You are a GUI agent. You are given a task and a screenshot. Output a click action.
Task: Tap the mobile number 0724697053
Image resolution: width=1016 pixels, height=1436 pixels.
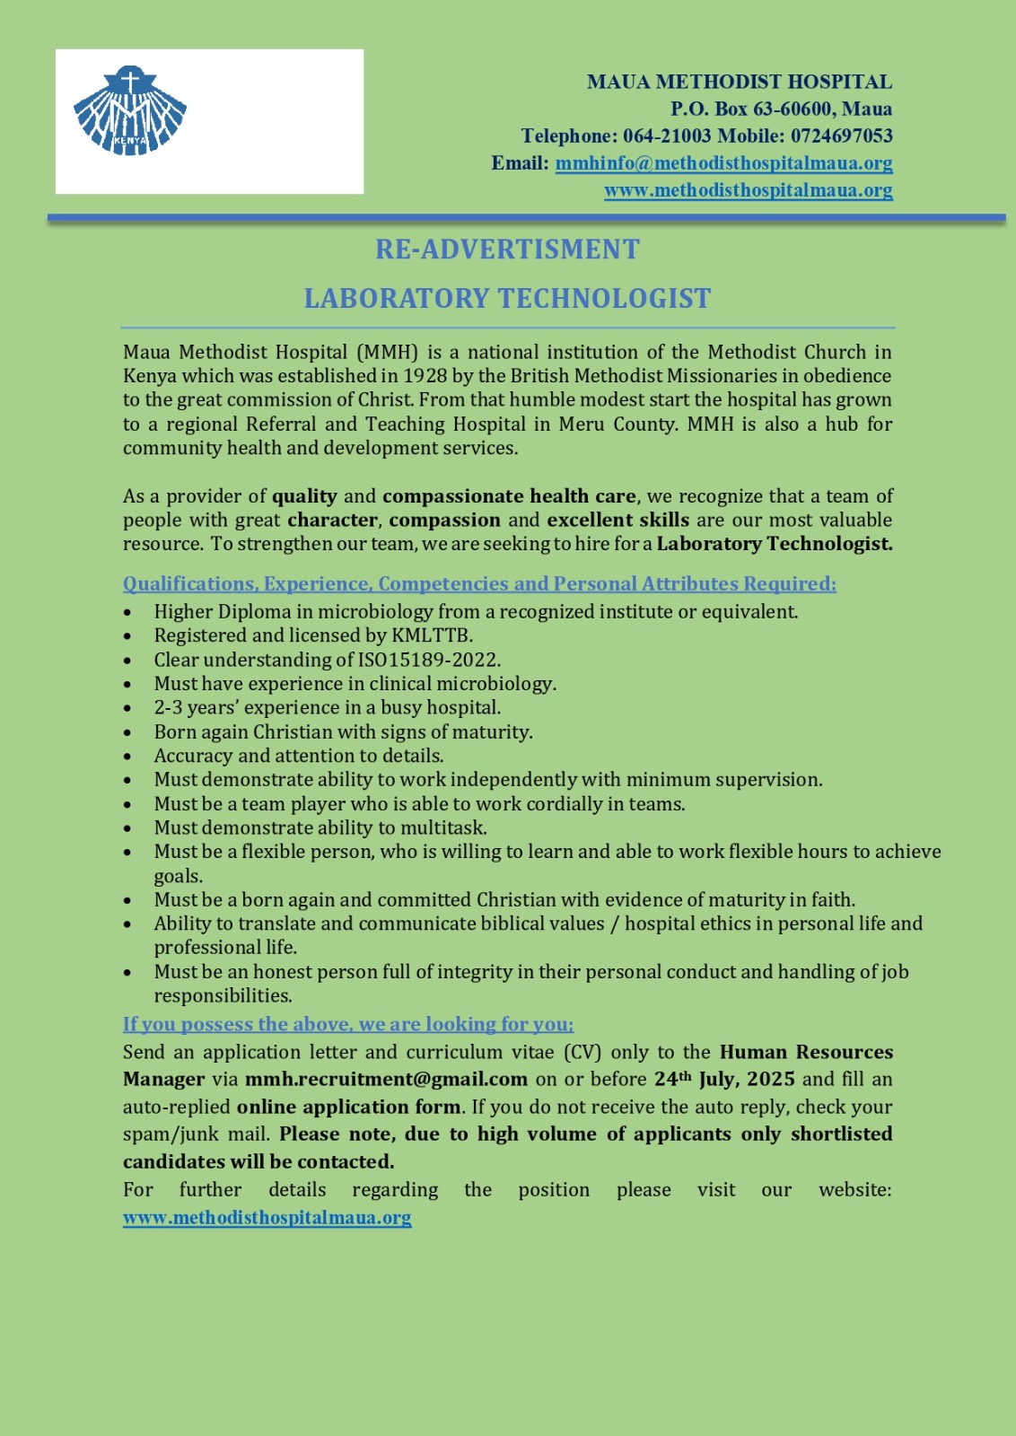point(841,136)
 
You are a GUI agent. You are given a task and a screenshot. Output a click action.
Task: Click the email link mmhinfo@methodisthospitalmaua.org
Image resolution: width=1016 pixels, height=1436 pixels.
point(723,163)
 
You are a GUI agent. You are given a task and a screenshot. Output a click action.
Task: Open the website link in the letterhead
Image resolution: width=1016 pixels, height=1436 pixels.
point(748,190)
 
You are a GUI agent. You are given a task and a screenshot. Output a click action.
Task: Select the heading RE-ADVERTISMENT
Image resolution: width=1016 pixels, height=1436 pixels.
point(507,250)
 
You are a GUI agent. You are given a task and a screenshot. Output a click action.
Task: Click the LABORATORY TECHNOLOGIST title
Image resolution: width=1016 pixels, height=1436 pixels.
point(507,299)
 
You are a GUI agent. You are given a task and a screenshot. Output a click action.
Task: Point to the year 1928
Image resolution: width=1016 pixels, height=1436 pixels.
point(425,376)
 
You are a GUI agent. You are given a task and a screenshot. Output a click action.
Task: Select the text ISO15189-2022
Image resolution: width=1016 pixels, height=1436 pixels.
point(428,660)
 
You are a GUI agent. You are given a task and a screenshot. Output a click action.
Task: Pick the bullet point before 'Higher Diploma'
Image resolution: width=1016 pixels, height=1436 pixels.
point(128,613)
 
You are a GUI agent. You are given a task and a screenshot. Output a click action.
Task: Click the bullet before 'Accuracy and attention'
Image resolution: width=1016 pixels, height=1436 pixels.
point(128,757)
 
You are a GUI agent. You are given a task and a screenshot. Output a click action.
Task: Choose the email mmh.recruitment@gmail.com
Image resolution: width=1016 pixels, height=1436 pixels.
point(386,1080)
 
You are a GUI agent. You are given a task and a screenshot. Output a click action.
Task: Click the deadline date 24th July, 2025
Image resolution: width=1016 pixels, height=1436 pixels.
point(723,1079)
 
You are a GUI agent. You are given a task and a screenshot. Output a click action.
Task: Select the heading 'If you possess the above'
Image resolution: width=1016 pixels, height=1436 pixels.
point(348,1024)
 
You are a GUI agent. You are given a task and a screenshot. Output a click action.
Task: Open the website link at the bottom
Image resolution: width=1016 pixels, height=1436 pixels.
point(267,1218)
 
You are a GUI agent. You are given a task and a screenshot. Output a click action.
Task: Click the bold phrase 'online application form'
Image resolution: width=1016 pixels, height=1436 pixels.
point(348,1108)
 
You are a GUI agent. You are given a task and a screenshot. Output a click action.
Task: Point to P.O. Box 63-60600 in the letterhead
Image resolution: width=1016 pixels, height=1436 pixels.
point(781,109)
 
